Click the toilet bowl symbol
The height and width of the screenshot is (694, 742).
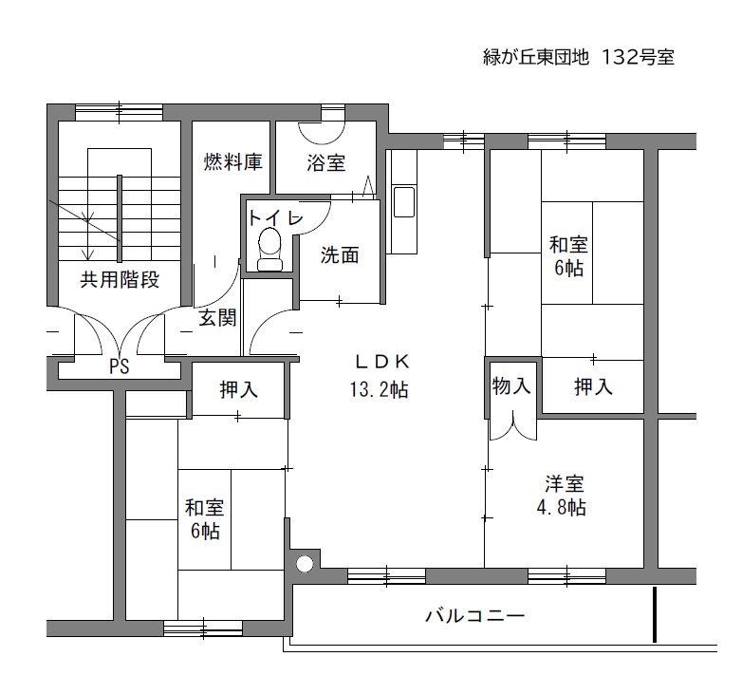pyautogui.click(x=269, y=249)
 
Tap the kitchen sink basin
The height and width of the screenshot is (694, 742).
pyautogui.click(x=404, y=202)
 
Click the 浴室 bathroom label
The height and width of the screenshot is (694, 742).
pyautogui.click(x=326, y=163)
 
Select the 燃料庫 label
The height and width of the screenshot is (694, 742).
pyautogui.click(x=232, y=162)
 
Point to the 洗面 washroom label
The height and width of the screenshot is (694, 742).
pyautogui.click(x=340, y=255)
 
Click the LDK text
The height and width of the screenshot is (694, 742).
pyautogui.click(x=381, y=362)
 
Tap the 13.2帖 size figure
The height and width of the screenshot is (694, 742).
pyautogui.click(x=379, y=390)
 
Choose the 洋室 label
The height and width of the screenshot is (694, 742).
pyautogui.click(x=565, y=484)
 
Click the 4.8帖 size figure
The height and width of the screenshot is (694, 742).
pyautogui.click(x=561, y=508)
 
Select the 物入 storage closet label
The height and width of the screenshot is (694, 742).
pyautogui.click(x=511, y=385)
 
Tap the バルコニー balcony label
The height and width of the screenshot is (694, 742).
pyautogui.click(x=475, y=616)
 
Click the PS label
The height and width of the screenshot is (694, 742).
pyautogui.click(x=120, y=366)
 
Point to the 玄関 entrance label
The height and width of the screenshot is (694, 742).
pyautogui.click(x=217, y=318)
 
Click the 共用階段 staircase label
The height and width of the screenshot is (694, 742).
pyautogui.click(x=120, y=280)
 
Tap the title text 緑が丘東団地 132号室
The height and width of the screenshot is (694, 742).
pyautogui.click(x=578, y=57)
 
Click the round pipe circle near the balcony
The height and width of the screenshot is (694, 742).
pyautogui.click(x=306, y=564)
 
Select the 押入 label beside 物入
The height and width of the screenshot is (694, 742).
pyautogui.click(x=593, y=387)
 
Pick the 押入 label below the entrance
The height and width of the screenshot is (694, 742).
pyautogui.click(x=239, y=390)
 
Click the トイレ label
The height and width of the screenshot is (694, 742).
pyautogui.click(x=275, y=217)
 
